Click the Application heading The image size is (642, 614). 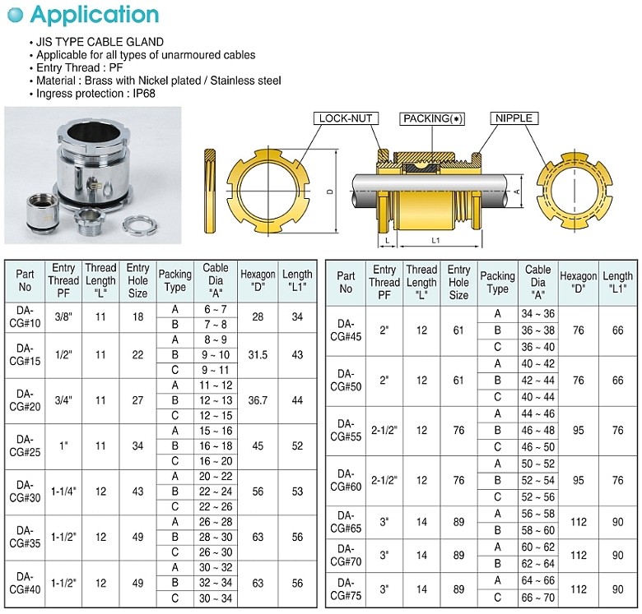(x=95, y=15)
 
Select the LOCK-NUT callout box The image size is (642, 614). (x=346, y=118)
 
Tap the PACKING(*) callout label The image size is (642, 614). (x=432, y=118)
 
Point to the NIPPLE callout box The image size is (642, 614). (x=514, y=118)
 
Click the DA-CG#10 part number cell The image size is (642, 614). (x=25, y=317)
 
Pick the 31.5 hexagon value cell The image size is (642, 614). (x=258, y=355)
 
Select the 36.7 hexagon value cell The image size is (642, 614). (x=258, y=400)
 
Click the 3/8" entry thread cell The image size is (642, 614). (x=63, y=317)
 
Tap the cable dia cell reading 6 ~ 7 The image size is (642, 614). (x=216, y=310)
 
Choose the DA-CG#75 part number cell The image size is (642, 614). (x=346, y=589)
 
